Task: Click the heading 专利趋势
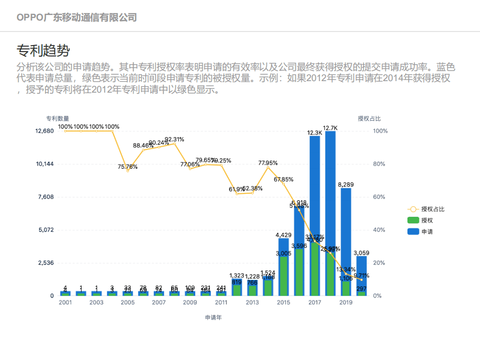[x=43, y=50]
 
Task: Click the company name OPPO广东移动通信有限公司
[x=77, y=18]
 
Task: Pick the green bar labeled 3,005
[x=283, y=275]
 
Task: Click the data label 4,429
[x=283, y=235]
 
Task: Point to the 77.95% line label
[x=268, y=163]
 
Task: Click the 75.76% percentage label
[x=128, y=167]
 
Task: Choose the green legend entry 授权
[x=427, y=220]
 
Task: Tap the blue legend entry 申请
[x=427, y=232]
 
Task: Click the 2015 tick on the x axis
[x=283, y=302]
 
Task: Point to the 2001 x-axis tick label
[x=65, y=302]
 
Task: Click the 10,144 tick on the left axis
[x=45, y=164]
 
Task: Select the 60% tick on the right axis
[x=380, y=197]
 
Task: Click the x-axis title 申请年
[x=213, y=317]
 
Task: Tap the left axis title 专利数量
[x=58, y=119]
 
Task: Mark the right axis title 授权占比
[x=369, y=119]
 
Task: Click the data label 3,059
[x=361, y=253]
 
